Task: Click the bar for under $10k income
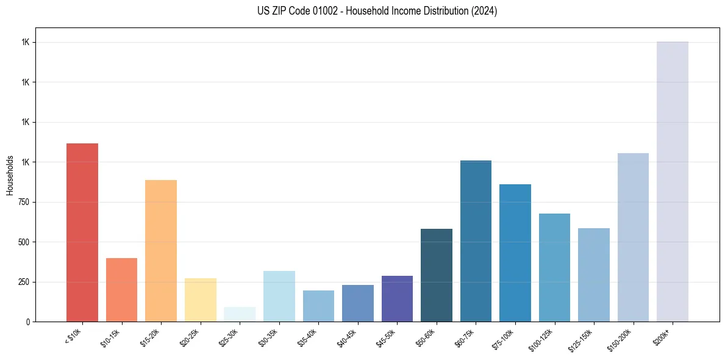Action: click(82, 232)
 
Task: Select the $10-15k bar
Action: click(121, 290)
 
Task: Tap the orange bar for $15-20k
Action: click(161, 251)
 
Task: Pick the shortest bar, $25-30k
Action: click(240, 314)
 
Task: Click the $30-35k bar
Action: click(279, 297)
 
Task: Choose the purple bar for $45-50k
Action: click(397, 299)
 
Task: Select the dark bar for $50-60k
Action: click(437, 275)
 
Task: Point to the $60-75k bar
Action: click(476, 241)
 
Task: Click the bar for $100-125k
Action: click(554, 268)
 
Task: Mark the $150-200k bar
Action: click(633, 237)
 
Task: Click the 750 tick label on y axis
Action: click(23, 202)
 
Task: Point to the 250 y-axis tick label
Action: click(23, 282)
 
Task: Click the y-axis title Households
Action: click(10, 175)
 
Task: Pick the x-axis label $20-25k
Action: click(189, 337)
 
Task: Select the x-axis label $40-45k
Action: click(346, 337)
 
